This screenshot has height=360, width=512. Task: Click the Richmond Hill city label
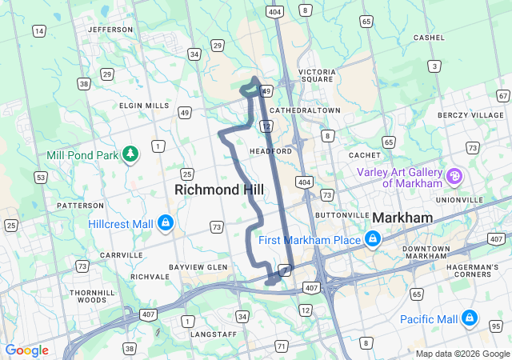click(213, 190)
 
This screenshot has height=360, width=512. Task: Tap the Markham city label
click(402, 218)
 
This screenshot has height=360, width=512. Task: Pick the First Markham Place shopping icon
click(372, 239)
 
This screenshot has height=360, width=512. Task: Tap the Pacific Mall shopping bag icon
click(470, 319)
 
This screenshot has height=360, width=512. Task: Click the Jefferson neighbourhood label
click(110, 30)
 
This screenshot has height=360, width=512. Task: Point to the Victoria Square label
click(318, 75)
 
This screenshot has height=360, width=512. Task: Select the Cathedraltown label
click(305, 110)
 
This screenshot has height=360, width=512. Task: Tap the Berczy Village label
click(471, 115)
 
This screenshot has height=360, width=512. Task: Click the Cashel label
click(429, 38)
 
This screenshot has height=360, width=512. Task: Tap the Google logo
click(26, 350)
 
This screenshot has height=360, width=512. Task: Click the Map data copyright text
click(462, 354)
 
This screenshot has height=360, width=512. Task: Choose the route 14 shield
click(39, 31)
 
